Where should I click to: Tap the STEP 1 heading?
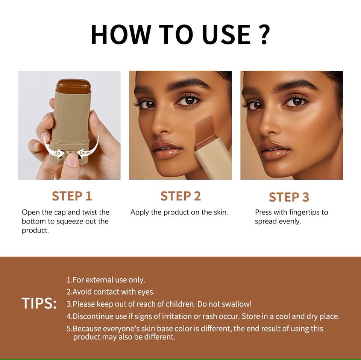pos(72,196)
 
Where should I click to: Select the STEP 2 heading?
pos(180,196)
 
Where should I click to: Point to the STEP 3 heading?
pos(289,197)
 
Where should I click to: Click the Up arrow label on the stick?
pos(57,153)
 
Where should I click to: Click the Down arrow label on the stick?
pos(85,152)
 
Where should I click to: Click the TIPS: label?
pos(39,304)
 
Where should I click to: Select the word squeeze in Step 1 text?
pos(70,221)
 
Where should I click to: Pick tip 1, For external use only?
pos(106,280)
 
